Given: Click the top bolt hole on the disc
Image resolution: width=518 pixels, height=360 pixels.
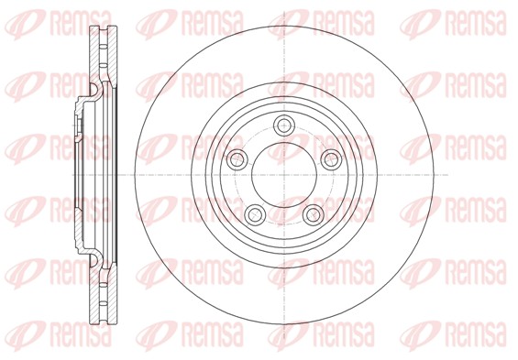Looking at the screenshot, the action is tap(284, 125).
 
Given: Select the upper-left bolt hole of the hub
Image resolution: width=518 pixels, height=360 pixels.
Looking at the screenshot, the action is tap(237, 159).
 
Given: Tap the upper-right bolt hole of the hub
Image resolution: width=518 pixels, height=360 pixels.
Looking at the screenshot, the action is tap(331, 159).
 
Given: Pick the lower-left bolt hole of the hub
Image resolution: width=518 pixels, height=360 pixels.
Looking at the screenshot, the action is tap(255, 215).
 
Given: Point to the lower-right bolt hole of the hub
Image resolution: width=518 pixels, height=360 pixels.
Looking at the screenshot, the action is tap(314, 215).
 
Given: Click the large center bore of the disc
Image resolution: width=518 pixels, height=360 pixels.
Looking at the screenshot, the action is tap(284, 175).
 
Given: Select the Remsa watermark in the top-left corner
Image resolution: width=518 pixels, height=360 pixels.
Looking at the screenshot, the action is tap(59, 24).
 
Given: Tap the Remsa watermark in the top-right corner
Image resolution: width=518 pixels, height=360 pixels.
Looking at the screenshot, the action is tap(453, 24).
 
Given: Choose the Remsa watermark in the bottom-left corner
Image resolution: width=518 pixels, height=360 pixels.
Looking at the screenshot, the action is tap(59, 336).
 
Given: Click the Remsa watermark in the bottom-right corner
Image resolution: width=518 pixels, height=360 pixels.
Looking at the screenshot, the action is tap(453, 336).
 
